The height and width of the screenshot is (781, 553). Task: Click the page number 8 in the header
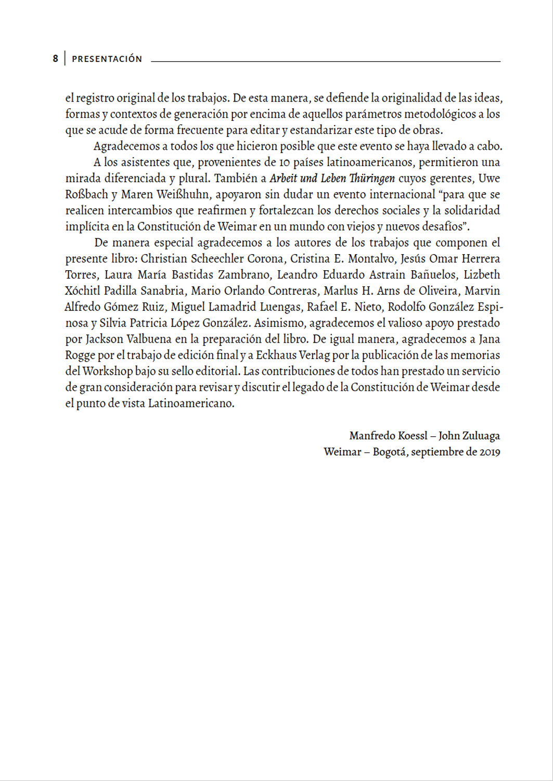point(55,59)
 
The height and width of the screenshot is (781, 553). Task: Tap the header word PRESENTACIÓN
point(107,59)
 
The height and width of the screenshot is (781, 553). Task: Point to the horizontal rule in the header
point(325,61)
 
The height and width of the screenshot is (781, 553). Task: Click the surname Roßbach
point(87,195)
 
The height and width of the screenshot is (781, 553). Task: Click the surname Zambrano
point(243,275)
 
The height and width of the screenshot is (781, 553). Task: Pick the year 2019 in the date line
point(490,452)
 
